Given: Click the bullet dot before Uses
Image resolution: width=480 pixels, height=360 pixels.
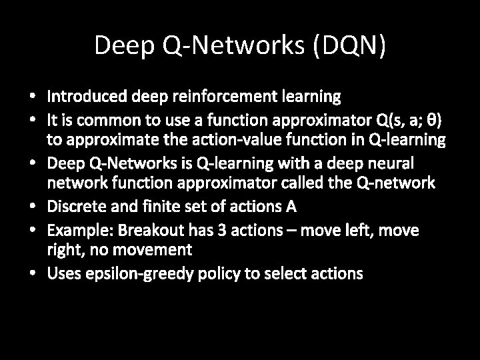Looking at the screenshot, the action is pyautogui.click(x=33, y=273).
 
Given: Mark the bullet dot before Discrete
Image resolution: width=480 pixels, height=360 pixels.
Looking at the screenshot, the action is pyautogui.click(x=33, y=207).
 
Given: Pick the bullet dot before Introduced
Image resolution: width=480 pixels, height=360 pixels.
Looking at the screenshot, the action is pyautogui.click(x=33, y=97).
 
